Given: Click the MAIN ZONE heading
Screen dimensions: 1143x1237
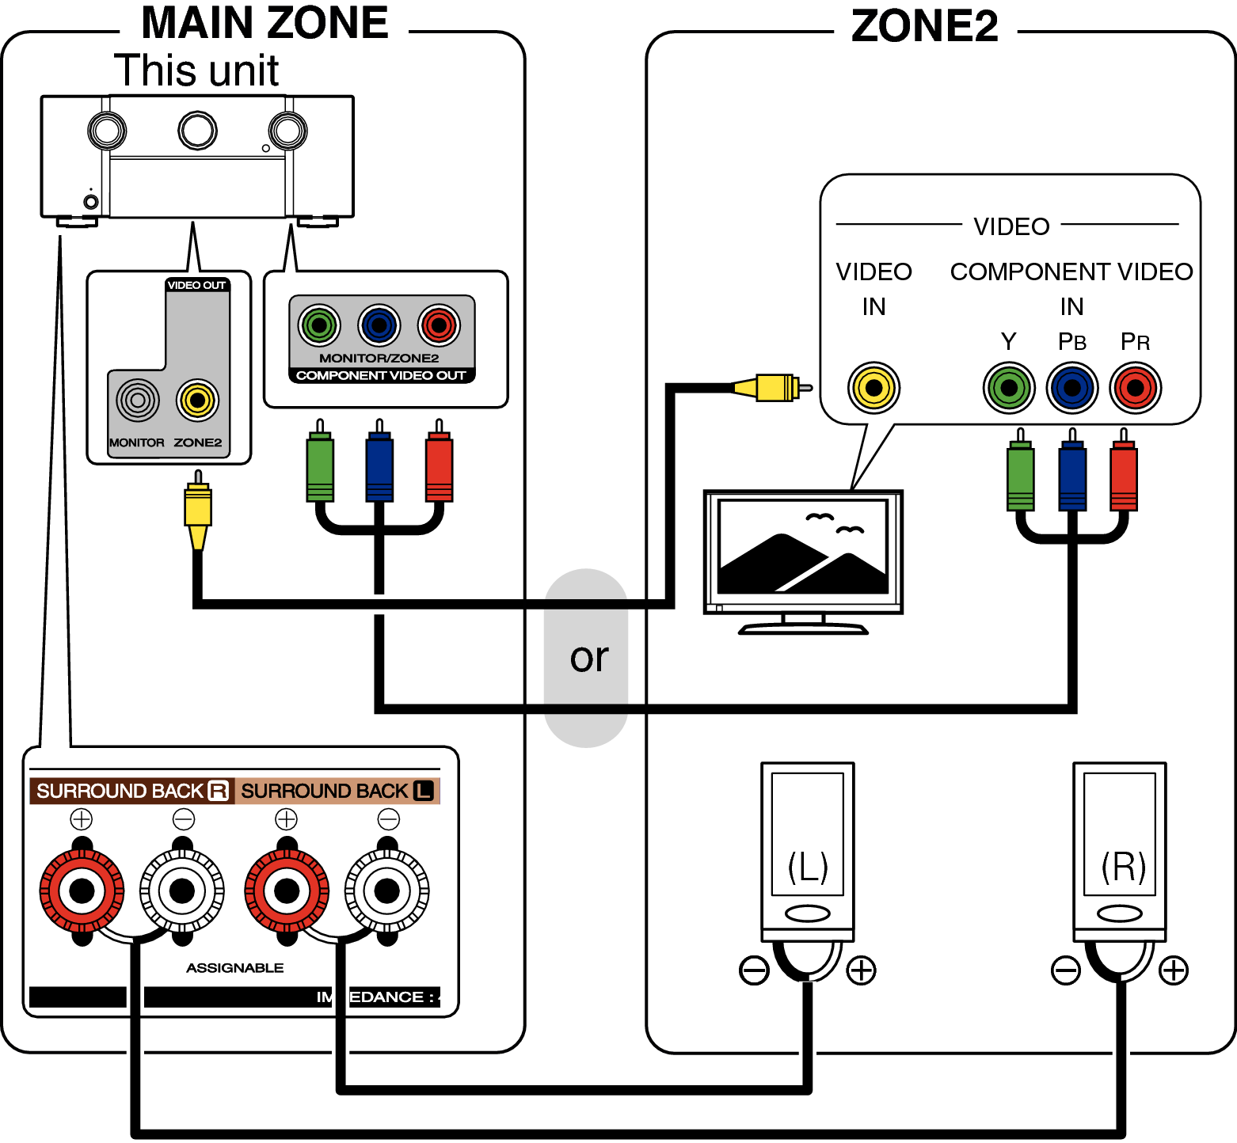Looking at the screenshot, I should pos(265,23).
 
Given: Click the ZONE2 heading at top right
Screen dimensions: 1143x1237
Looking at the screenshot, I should pos(924,26).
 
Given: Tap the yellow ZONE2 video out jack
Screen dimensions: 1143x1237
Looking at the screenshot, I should pos(197,401).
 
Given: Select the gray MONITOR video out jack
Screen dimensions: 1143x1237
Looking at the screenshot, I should pos(138,401).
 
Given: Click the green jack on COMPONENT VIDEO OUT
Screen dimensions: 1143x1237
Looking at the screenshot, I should pos(319,325).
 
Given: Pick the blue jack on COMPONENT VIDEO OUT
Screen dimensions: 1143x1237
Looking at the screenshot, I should pos(379,325).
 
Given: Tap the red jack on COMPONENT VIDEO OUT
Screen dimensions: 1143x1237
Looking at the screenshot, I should pos(439,325).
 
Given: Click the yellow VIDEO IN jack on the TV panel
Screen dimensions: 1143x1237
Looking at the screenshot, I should pos(874,388).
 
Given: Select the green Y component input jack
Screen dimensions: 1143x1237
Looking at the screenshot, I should pos(1008,388).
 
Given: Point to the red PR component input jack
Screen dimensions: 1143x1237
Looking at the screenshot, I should pos(1135,388).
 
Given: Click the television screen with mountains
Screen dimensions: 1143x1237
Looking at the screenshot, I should pos(803,547).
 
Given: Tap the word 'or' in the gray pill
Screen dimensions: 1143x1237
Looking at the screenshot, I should pos(588,658).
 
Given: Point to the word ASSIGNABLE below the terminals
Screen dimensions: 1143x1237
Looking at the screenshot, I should pos(234,968).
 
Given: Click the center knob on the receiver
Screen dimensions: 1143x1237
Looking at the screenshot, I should pos(197,131).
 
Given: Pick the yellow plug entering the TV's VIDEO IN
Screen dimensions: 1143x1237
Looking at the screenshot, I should pos(773,388).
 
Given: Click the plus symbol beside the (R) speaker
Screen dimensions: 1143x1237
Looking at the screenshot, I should pos(1173,970).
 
